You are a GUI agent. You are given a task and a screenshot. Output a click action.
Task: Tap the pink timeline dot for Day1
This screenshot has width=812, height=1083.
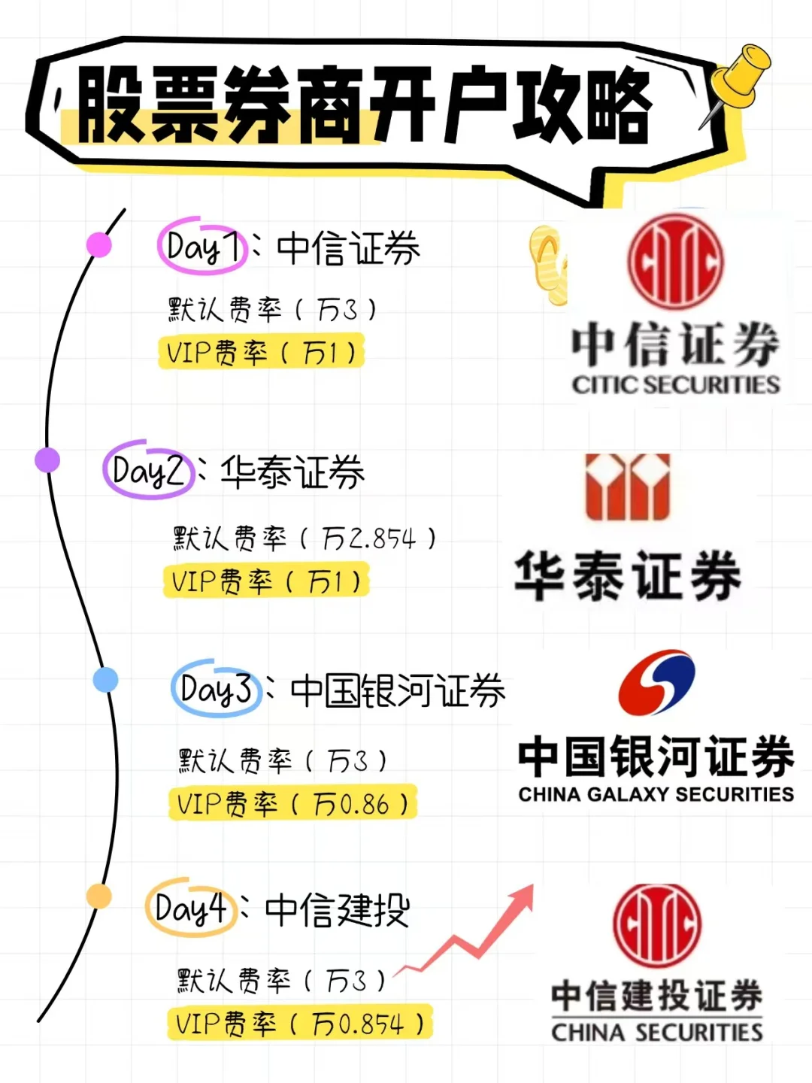pyautogui.click(x=99, y=244)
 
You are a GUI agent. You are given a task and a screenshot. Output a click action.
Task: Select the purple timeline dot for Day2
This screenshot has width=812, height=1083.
pyautogui.click(x=47, y=460)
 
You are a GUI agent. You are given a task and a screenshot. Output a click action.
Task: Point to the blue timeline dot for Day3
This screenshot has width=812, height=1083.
pyautogui.click(x=105, y=680)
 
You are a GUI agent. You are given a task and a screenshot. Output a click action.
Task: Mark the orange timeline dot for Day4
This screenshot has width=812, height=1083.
pyautogui.click(x=98, y=896)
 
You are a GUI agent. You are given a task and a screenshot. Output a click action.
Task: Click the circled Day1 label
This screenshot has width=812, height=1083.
pyautogui.click(x=201, y=245)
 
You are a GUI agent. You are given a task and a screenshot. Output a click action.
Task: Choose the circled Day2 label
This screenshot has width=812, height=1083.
pyautogui.click(x=148, y=470)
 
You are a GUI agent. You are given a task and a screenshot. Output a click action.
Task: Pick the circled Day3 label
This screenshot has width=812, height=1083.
pyautogui.click(x=215, y=689)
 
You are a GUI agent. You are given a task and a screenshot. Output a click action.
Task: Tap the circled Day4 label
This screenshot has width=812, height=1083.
pyautogui.click(x=190, y=908)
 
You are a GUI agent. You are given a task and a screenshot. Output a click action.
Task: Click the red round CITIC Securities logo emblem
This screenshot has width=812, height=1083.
pyautogui.click(x=675, y=262)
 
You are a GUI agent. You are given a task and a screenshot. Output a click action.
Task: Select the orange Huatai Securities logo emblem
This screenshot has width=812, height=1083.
pyautogui.click(x=628, y=487)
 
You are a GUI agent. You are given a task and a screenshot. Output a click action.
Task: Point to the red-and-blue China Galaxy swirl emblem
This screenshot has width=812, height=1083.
pyautogui.click(x=656, y=683)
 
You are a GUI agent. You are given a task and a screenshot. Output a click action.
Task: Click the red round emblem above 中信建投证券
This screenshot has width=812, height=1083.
pyautogui.click(x=656, y=925)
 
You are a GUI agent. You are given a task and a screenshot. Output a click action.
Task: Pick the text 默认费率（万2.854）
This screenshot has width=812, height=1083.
pyautogui.click(x=304, y=538)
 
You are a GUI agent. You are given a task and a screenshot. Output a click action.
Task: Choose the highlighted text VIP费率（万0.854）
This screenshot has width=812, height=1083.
pyautogui.click(x=300, y=1024)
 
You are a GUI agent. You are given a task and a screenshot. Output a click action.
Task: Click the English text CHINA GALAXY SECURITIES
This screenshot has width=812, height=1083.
pyautogui.click(x=656, y=794)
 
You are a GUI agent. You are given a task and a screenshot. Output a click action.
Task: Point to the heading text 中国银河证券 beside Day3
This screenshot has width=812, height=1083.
pyautogui.click(x=397, y=690)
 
